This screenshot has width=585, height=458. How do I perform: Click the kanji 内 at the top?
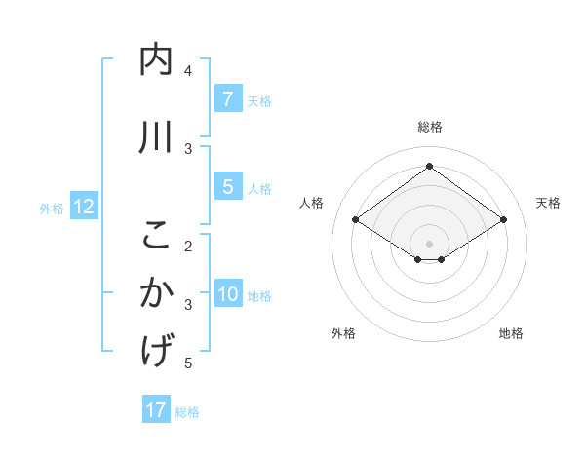tap(156, 60)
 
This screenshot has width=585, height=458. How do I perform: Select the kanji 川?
tap(156, 137)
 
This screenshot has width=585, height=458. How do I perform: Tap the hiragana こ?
tap(156, 235)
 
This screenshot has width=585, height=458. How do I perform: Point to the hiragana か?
tap(156, 292)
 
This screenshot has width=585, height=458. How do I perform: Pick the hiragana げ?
tap(156, 350)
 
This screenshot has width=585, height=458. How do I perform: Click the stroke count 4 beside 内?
tap(188, 71)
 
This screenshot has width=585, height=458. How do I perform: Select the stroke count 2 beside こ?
tap(188, 245)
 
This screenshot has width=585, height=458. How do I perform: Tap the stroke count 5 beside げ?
tap(188, 363)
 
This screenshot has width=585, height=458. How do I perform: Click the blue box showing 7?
tap(227, 98)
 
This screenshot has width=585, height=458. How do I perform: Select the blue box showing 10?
tap(227, 294)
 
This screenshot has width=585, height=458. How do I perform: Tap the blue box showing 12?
tap(83, 207)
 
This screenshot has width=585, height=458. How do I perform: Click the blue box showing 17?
tap(156, 410)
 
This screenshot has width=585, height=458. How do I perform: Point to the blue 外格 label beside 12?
tap(52, 208)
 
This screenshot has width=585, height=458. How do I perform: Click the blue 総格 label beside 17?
tap(188, 412)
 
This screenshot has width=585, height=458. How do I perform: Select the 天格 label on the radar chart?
tap(548, 203)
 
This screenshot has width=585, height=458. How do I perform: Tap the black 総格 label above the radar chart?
tap(429, 127)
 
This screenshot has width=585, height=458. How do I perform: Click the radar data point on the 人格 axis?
tap(356, 220)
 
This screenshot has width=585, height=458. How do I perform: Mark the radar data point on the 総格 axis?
tap(429, 167)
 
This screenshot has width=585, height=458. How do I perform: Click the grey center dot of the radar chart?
tap(429, 243)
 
